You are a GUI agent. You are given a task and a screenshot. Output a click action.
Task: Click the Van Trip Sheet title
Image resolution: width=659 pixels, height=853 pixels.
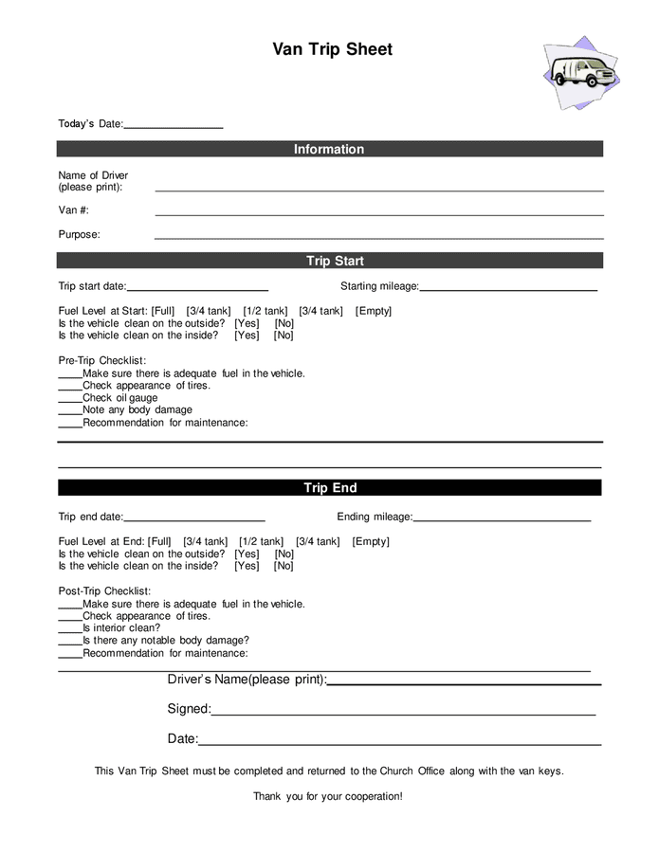click(x=332, y=49)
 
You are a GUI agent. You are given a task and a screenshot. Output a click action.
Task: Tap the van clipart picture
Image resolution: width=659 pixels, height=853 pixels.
click(x=581, y=73)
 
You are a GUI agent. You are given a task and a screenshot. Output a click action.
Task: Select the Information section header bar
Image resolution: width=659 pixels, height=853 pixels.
click(x=329, y=149)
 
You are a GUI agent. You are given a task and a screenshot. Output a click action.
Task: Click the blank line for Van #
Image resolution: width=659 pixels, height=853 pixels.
click(x=379, y=213)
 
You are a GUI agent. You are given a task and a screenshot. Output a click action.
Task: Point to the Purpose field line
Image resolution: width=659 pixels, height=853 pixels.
click(x=379, y=237)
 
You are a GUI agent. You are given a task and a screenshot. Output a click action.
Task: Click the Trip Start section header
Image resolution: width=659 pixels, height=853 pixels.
click(x=329, y=261)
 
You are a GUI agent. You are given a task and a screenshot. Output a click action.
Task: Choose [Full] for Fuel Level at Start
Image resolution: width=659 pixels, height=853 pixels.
click(x=163, y=311)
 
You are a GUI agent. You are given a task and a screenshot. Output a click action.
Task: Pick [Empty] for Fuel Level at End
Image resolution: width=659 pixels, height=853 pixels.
click(x=371, y=542)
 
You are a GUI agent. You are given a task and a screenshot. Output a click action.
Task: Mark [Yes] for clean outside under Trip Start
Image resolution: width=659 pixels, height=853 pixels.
click(x=247, y=323)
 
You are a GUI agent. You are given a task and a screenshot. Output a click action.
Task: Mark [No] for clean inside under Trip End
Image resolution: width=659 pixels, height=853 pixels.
click(x=284, y=566)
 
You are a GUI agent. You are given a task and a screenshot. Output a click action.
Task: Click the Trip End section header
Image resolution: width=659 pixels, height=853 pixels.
click(x=329, y=488)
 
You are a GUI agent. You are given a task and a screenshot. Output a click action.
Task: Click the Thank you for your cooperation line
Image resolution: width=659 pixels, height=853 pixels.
click(x=328, y=796)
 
